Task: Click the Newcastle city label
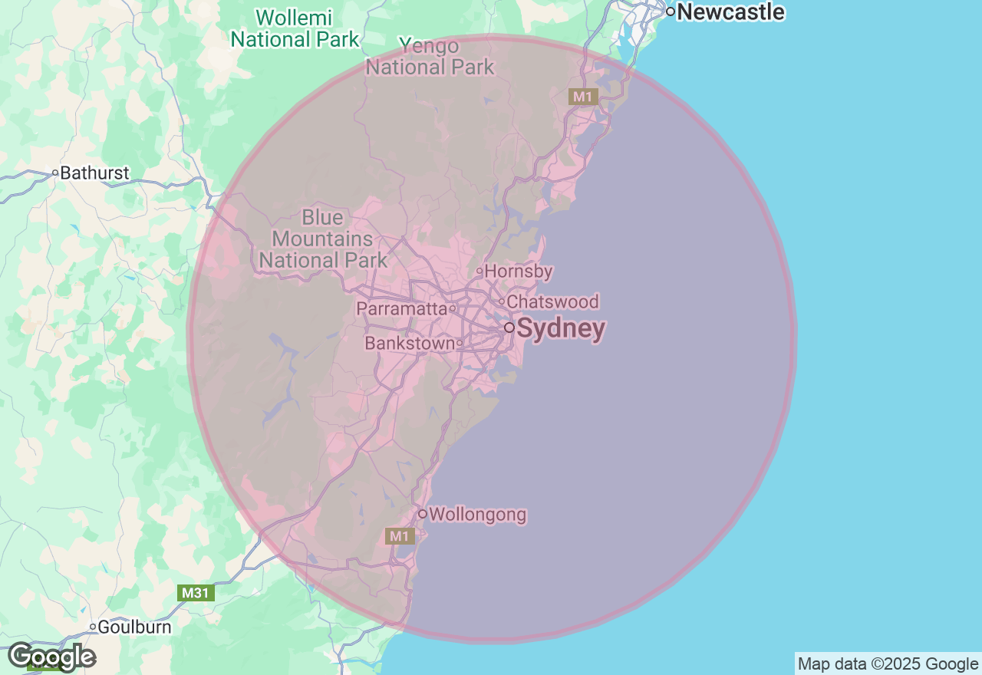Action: click(x=730, y=12)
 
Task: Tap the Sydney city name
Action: click(x=561, y=329)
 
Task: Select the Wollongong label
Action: click(x=477, y=515)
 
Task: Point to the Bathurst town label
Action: click(x=94, y=173)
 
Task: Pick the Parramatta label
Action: click(x=401, y=309)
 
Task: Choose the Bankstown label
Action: click(x=410, y=344)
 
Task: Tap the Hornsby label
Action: click(x=519, y=272)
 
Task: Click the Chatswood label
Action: click(x=552, y=302)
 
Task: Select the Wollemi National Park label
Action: click(x=295, y=28)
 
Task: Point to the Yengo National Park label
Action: click(x=430, y=57)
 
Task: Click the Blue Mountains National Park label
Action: click(x=323, y=239)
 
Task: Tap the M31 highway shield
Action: click(x=196, y=593)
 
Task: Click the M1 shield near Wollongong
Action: click(x=400, y=536)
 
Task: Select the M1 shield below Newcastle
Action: click(x=583, y=97)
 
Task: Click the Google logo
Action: click(x=51, y=657)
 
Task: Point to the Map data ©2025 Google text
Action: click(x=888, y=664)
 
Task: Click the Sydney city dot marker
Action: click(x=509, y=328)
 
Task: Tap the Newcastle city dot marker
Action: click(x=670, y=12)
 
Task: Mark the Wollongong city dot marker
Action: click(x=422, y=514)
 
